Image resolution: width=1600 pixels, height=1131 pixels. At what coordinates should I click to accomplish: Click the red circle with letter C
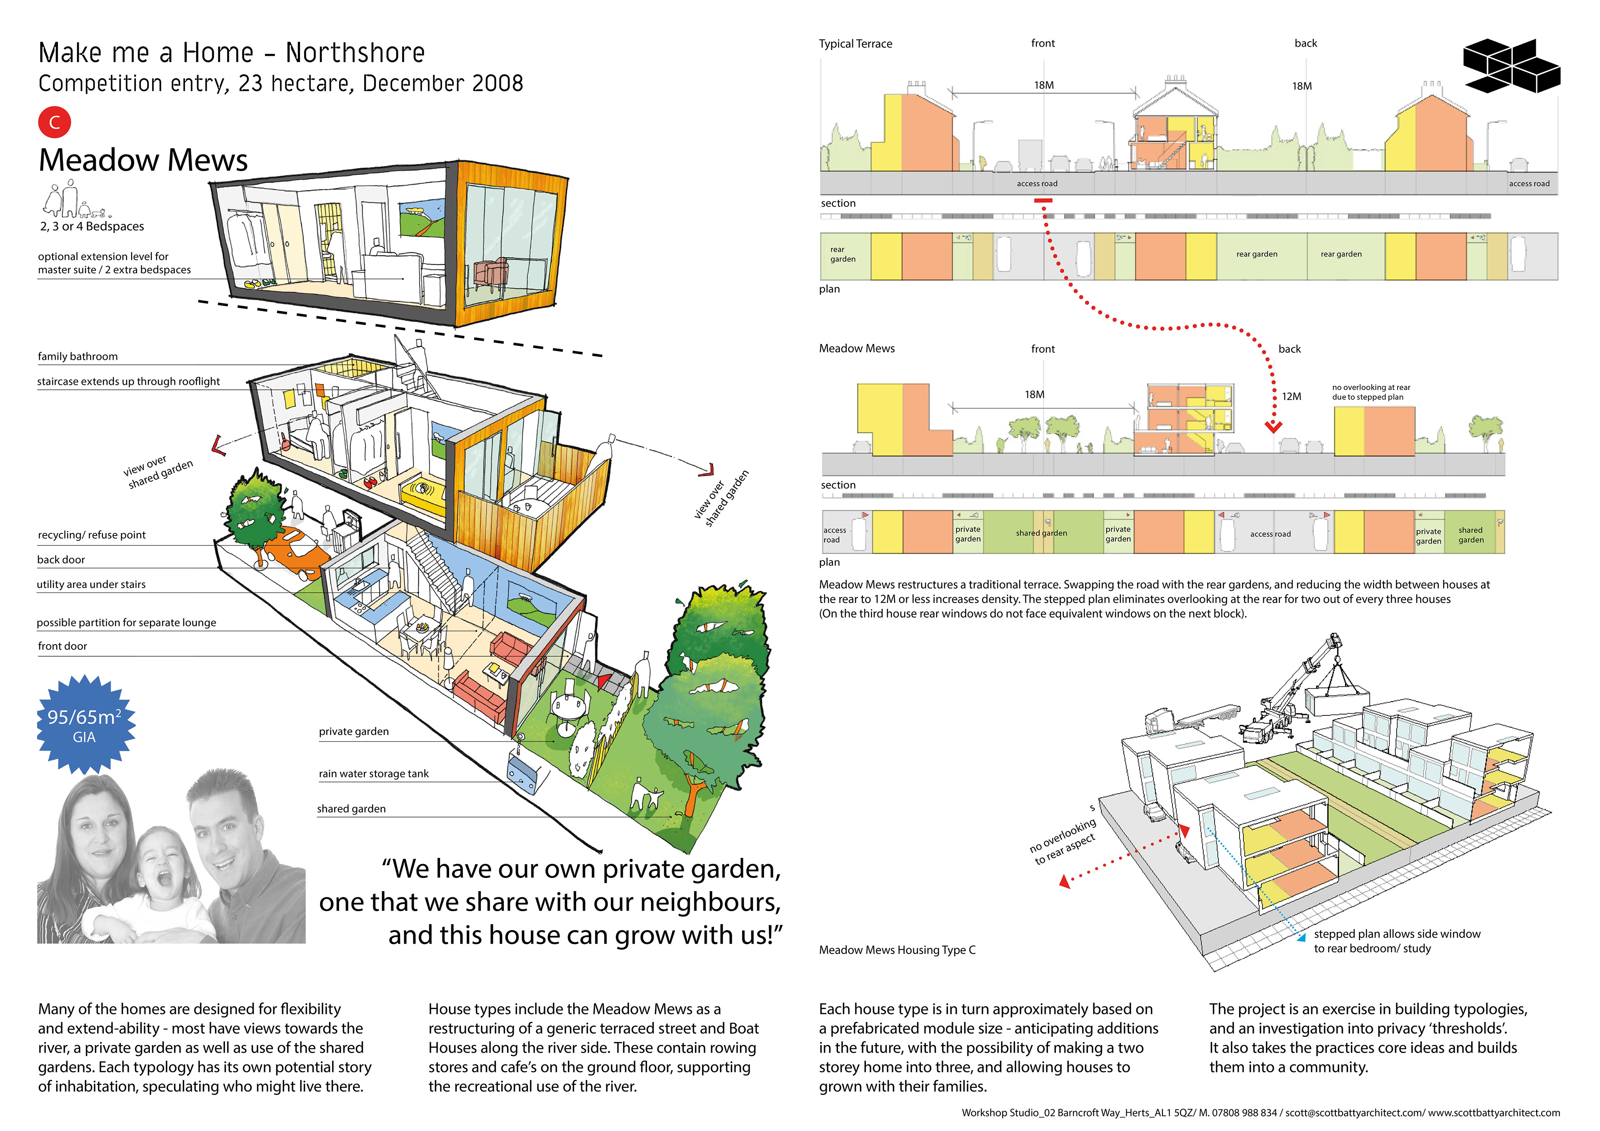point(54,122)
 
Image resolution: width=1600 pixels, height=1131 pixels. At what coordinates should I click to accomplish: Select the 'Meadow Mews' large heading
point(143,160)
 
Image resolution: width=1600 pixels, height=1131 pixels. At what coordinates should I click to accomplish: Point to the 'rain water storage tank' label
point(373,774)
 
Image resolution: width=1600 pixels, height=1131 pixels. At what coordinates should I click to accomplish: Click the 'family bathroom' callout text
point(77,356)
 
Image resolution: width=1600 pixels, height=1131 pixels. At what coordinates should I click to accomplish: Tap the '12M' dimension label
point(1290,396)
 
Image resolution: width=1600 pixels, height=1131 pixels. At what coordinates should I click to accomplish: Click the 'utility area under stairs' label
point(91,584)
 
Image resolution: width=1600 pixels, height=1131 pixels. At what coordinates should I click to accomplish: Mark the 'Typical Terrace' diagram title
point(855,44)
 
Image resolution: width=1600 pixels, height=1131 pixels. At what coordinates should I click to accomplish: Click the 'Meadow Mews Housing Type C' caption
point(897,950)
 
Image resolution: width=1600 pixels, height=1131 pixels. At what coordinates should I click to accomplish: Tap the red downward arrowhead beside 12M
point(1273,427)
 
